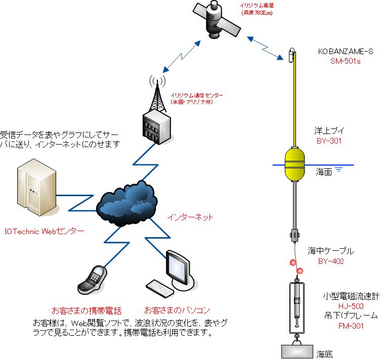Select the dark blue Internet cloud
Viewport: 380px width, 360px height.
point(126,203)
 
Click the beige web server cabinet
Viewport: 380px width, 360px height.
point(37,187)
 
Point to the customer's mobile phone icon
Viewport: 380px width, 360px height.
point(92,280)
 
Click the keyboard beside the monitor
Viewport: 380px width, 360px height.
point(160,289)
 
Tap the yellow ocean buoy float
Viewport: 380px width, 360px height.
point(294,164)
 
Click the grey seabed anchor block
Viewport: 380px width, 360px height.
point(297,351)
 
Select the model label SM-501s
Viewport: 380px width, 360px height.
point(346,61)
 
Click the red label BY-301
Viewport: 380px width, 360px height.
point(329,141)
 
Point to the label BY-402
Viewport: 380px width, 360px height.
point(331,261)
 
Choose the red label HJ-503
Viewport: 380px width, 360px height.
point(351,306)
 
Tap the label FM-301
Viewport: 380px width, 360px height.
point(351,326)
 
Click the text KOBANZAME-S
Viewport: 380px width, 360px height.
point(346,52)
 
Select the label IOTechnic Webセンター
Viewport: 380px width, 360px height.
point(45,231)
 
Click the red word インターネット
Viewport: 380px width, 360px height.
point(190,217)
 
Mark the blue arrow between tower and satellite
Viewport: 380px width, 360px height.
point(182,57)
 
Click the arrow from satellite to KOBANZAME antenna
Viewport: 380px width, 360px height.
point(265,48)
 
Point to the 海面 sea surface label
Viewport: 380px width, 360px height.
point(324,172)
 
